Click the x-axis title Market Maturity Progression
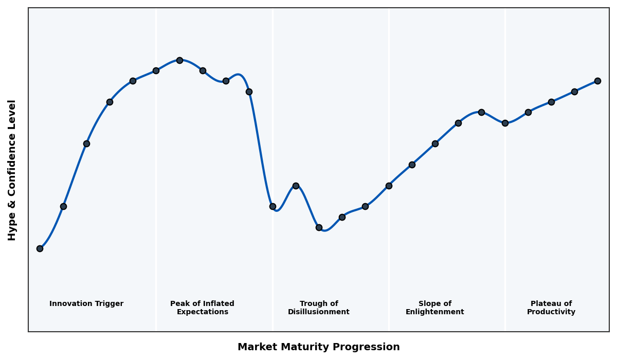tap(318, 347)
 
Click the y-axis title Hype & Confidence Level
tap(12, 170)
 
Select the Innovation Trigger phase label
tap(86, 304)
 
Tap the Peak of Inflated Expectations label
tap(202, 308)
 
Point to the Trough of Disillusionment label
tap(318, 308)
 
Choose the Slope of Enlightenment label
tap(434, 308)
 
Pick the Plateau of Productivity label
tap(551, 308)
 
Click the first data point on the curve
tap(40, 248)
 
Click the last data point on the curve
tap(597, 81)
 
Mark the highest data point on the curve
tap(179, 60)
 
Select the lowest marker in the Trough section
tap(319, 227)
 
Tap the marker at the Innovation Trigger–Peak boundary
tap(156, 70)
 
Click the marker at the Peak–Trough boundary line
tap(273, 206)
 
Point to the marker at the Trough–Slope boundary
tap(389, 186)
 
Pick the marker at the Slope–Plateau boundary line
tap(505, 123)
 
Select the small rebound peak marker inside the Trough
tap(296, 186)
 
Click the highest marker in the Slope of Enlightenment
tap(481, 112)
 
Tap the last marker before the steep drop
tap(249, 92)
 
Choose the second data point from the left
tap(63, 206)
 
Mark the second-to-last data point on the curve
tap(574, 92)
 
